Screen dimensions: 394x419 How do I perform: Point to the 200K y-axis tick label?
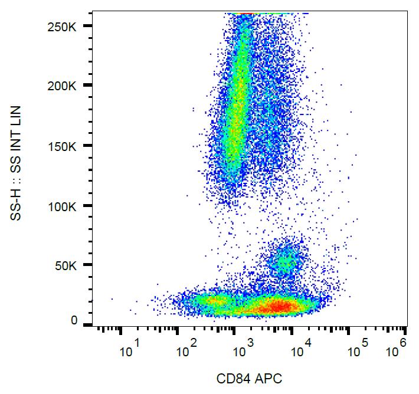pos(70,86)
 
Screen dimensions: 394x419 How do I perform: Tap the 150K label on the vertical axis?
pos(70,146)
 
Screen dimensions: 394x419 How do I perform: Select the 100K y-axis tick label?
pos(70,206)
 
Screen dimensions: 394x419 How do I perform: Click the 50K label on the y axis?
pos(72,266)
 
